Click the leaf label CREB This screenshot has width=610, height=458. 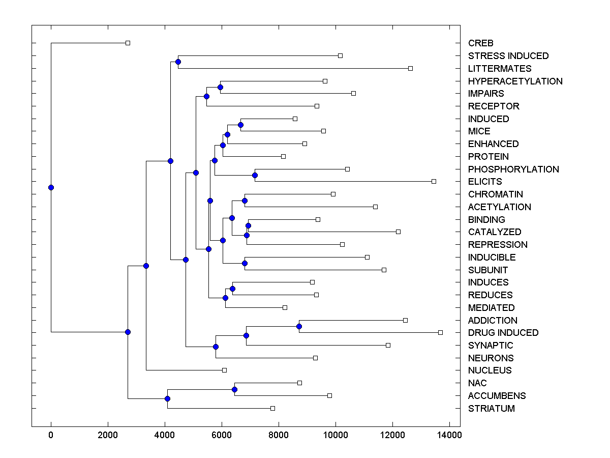[481, 43]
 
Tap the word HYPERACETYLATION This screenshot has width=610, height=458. [515, 81]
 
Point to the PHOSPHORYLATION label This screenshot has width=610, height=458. [513, 169]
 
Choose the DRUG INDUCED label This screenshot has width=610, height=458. [503, 332]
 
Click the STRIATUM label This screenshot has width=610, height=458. [491, 408]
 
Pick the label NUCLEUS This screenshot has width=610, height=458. [490, 370]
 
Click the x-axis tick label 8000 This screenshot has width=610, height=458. [279, 435]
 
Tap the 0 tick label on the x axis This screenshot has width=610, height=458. [51, 435]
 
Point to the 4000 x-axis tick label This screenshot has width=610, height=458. [165, 435]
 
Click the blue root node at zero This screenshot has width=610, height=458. [51, 187]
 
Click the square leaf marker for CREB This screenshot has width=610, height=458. [128, 43]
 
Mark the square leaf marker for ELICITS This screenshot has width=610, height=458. [434, 181]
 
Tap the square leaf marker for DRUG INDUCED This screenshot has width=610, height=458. [440, 332]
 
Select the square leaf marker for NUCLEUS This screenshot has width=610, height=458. [224, 370]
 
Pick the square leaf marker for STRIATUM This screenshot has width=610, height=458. [272, 408]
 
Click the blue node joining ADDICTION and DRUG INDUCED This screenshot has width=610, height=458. [299, 326]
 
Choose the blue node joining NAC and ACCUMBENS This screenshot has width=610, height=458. [234, 389]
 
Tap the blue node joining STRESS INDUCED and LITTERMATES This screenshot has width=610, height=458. [178, 62]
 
